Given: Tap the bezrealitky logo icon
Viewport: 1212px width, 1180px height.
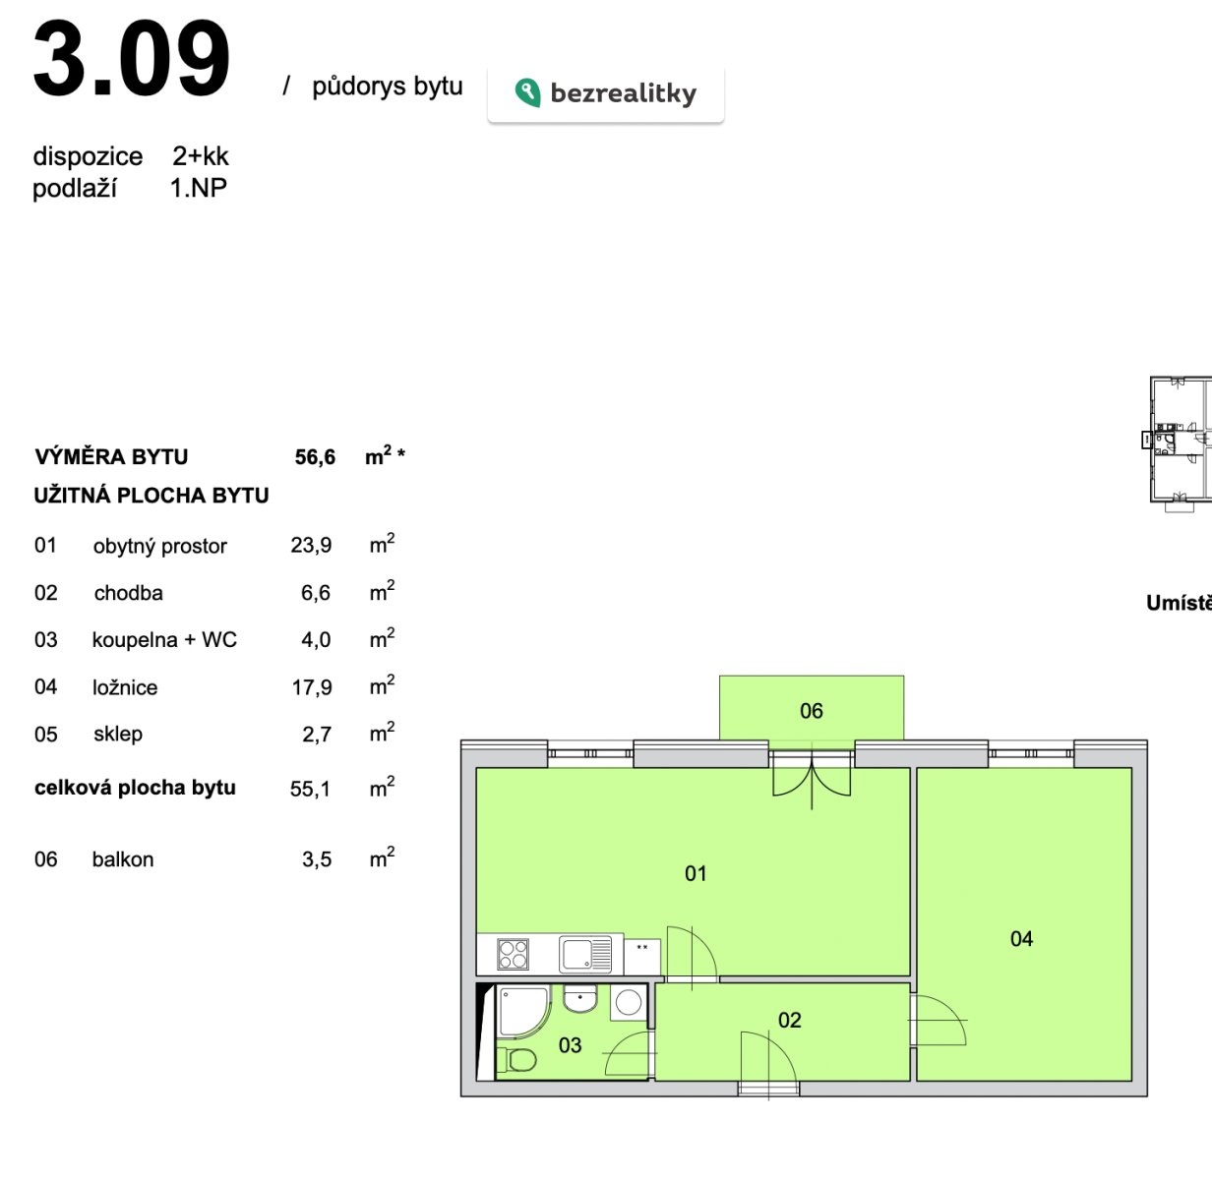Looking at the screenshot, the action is point(527,92).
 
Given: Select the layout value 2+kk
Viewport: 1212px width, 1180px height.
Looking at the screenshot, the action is point(201,156).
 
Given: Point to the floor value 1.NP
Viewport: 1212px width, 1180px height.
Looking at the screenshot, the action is point(199,188).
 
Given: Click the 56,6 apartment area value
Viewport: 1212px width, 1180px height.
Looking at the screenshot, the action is point(315,457).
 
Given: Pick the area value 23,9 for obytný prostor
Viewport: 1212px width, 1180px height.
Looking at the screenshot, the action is point(311,546).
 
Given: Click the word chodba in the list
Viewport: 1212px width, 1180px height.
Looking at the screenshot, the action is point(128,593).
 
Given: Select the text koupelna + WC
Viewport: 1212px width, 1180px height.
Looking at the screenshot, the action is point(164,639).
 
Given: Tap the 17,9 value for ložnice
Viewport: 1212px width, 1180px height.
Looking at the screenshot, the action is point(312,687).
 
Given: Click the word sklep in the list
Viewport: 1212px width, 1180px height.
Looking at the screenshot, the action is point(118,735).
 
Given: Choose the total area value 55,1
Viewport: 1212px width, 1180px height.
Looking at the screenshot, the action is point(310,789).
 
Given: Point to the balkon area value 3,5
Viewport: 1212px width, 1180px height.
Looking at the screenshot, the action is point(317,860).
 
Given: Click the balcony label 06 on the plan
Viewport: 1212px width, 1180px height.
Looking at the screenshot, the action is point(811,711).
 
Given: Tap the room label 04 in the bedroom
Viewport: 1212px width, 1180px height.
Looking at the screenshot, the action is point(1021,938).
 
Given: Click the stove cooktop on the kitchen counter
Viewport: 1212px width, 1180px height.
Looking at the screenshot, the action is point(513,954).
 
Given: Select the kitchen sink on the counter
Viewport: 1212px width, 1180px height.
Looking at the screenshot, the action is point(585,954).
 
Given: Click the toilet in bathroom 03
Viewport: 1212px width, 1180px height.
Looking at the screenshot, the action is point(516,1060).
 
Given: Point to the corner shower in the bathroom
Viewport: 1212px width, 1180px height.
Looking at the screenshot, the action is point(523,1013).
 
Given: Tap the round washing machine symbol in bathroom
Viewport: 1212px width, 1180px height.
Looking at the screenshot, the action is point(629,1003).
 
